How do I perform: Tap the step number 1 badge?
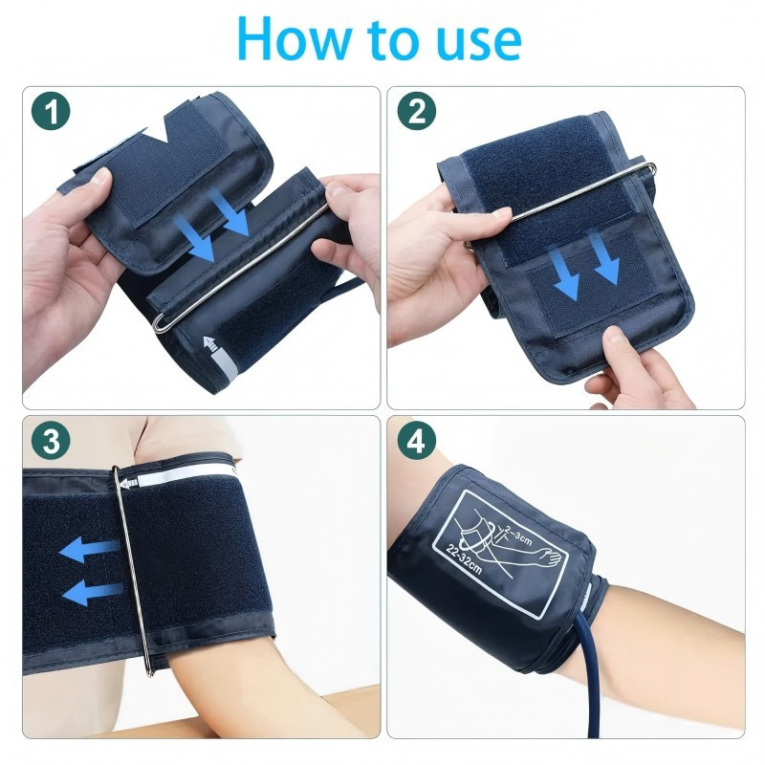coord(52,111)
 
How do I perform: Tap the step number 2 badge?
coord(416,111)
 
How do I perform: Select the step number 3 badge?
coord(52,440)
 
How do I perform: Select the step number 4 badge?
coord(416,440)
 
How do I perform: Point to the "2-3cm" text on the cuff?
coord(518,535)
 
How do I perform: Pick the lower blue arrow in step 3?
coord(93,592)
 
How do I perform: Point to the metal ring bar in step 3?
coord(132,571)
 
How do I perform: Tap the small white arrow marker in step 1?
coord(209,343)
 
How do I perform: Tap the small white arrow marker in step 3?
coord(129,484)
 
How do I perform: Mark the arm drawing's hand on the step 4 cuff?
coord(552,557)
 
